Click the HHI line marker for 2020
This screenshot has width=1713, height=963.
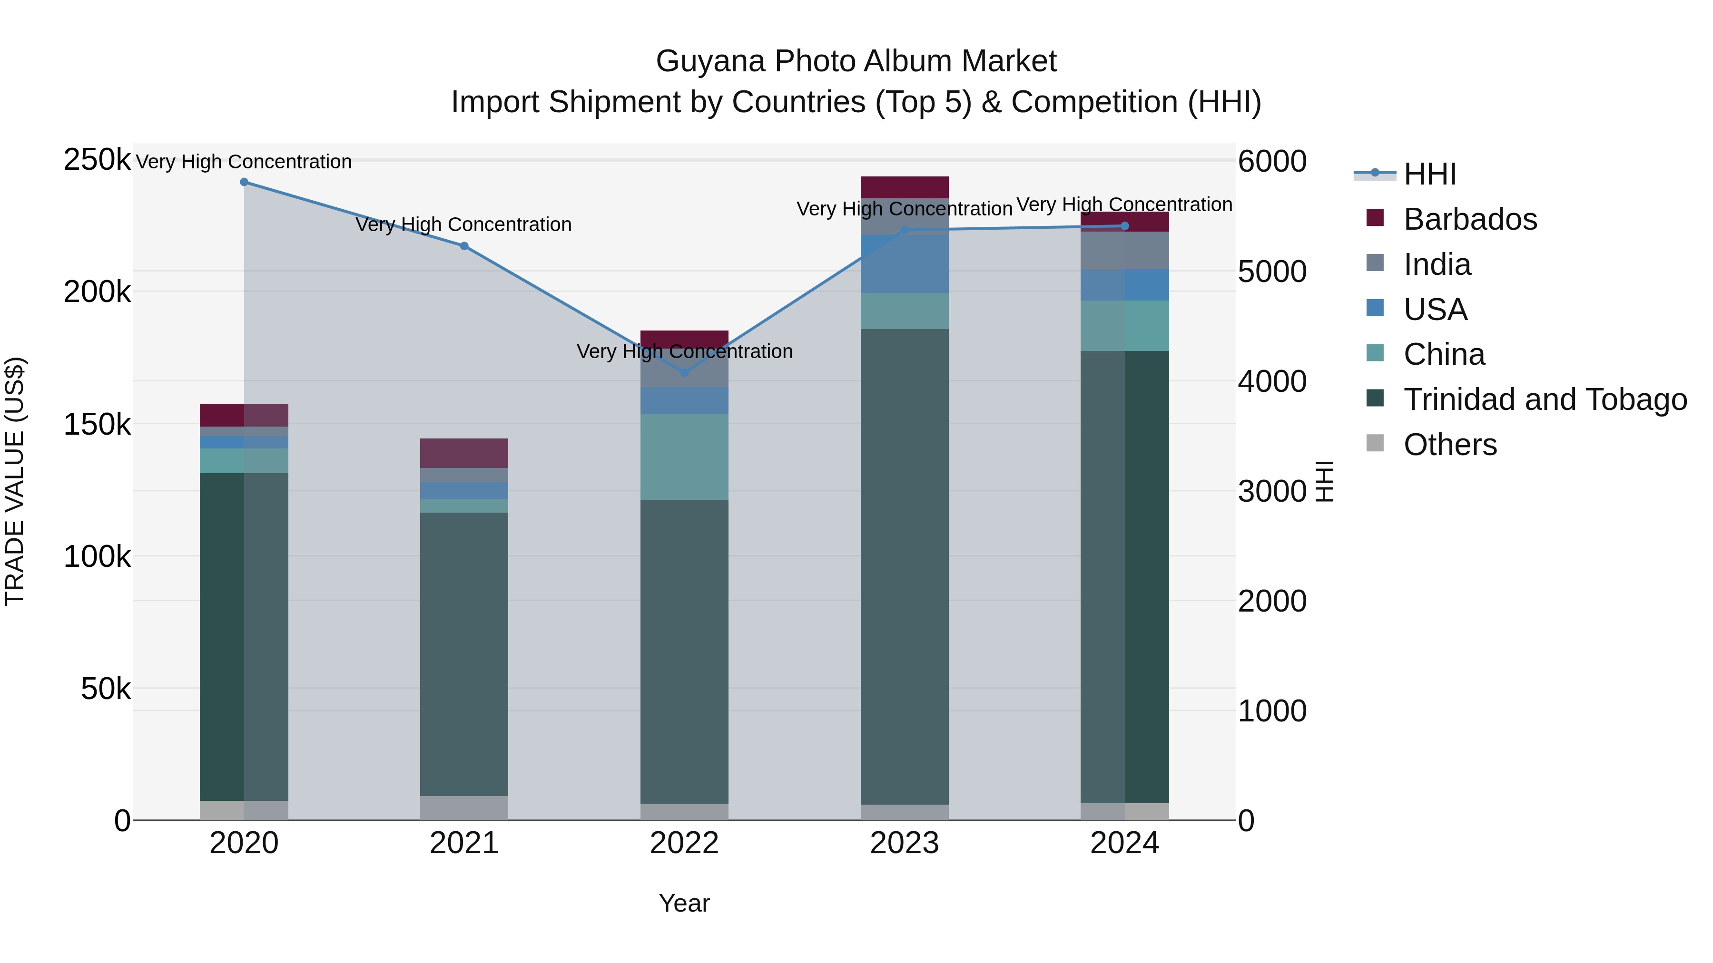(x=244, y=182)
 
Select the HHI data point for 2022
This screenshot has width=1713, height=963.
(x=684, y=373)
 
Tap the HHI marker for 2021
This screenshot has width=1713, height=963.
(x=464, y=246)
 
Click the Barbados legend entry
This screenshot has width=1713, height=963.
(x=1470, y=219)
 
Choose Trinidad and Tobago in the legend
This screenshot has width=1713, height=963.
(x=1544, y=399)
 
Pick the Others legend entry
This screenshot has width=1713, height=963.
(x=1450, y=445)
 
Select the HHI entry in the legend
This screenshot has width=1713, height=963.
(x=1430, y=174)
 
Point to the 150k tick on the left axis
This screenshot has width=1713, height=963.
(x=97, y=425)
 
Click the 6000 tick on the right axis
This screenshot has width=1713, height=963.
(x=1272, y=162)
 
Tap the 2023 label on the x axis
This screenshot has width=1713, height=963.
(x=905, y=843)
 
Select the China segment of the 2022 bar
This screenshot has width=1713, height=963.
(x=684, y=457)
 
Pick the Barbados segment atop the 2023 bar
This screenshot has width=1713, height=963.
(x=905, y=187)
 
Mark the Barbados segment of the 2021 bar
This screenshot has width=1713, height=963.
(x=464, y=453)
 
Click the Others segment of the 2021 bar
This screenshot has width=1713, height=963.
(x=464, y=807)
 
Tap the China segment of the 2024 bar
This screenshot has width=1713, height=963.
(x=1124, y=326)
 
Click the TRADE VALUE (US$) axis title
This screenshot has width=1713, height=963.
(x=15, y=481)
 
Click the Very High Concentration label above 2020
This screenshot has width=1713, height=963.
(x=244, y=162)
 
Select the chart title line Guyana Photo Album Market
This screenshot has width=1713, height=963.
(x=856, y=61)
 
